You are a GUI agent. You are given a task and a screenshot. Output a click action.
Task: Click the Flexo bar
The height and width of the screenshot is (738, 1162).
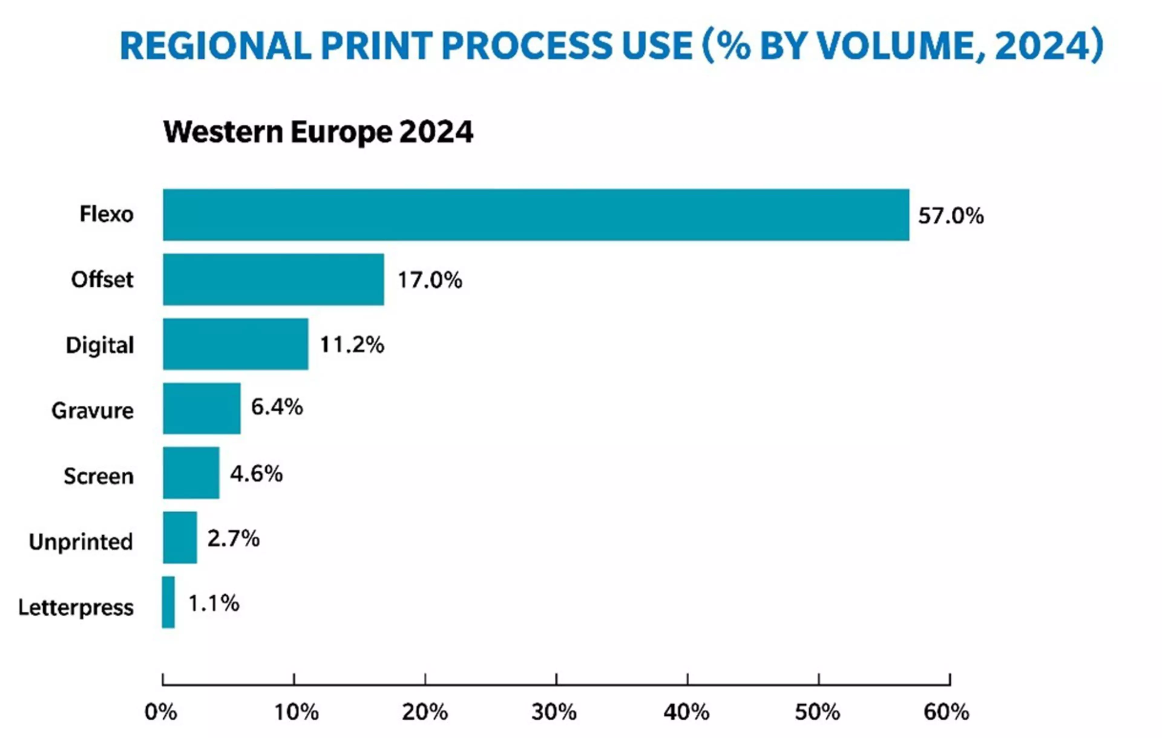click(x=536, y=215)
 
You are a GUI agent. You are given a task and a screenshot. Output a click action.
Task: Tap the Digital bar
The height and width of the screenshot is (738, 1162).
click(x=235, y=344)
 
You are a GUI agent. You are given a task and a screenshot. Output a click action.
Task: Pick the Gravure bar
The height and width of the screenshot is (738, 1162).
click(x=202, y=409)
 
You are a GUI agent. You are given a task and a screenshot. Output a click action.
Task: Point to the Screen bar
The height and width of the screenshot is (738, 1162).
click(x=191, y=473)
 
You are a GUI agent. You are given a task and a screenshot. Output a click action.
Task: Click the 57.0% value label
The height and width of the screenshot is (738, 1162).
click(x=950, y=216)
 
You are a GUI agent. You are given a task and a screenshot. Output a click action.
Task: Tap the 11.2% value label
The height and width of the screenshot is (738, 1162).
click(x=352, y=345)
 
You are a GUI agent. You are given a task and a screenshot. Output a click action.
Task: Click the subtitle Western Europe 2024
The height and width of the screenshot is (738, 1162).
click(x=318, y=132)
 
